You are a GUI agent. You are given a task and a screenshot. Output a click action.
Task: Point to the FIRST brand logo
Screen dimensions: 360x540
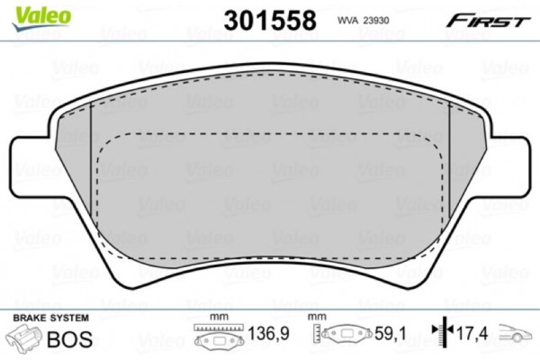[x=491, y=20]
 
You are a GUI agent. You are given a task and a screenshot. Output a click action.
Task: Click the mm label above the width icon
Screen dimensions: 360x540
[x=215, y=318]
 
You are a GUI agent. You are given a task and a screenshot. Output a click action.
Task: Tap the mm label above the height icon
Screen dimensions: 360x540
[x=316, y=318]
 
